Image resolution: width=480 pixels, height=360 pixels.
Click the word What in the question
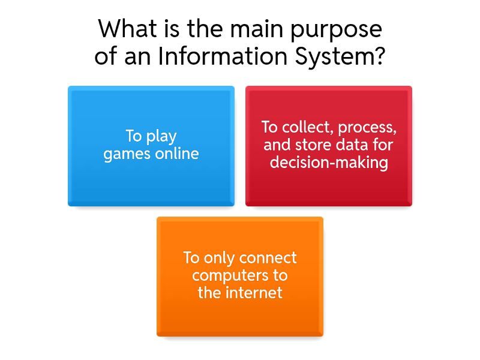128,28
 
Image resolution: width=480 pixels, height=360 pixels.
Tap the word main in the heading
257,29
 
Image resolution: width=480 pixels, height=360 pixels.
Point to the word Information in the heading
222,56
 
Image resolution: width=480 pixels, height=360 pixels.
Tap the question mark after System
379,56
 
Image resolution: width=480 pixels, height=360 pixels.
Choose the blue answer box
151,146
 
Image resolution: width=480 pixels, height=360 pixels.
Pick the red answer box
329,146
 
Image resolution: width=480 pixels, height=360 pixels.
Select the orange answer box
240,277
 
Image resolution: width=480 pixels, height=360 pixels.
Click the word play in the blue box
161,137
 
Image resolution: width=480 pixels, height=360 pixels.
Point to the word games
127,154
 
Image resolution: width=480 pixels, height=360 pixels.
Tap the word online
177,153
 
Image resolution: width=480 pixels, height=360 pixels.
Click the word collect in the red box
307,127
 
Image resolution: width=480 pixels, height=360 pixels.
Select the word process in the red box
367,128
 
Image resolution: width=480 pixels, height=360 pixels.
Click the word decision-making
329,163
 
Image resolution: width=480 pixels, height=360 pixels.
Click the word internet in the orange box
254,292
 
